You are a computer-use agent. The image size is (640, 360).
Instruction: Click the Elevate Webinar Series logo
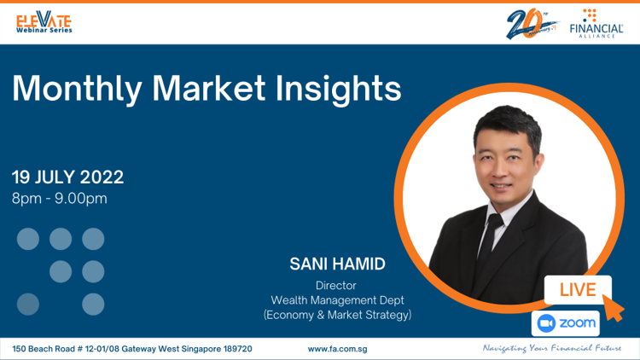pos(44,22)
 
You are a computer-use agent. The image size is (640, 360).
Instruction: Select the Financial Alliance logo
pos(596,24)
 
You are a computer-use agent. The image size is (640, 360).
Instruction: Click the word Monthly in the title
pos(77,90)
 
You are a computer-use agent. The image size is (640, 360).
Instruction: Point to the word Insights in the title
pos(339,90)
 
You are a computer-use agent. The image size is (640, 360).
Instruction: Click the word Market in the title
pos(208,88)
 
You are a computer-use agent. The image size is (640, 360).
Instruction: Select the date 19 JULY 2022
pos(67,177)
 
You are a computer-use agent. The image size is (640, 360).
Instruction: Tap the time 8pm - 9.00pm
pos(60,199)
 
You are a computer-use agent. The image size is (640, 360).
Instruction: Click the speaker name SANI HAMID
pos(338,264)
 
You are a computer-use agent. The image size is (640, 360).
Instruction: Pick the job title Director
pos(336,285)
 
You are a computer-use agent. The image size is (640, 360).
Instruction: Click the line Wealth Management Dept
pos(337,300)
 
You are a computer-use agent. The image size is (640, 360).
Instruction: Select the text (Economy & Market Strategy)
pos(337,315)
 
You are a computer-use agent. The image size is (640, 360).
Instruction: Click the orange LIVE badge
pos(578,290)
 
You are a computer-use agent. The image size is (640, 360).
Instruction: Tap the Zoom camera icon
pos(546,323)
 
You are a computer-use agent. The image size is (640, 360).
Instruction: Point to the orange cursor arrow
pos(613,308)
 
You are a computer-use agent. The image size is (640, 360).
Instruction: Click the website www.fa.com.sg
pos(337,350)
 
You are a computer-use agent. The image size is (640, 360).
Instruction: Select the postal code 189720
pos(237,349)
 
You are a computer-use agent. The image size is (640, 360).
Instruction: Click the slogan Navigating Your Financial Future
pos(552,348)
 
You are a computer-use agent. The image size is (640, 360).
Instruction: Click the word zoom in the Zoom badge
pos(577,323)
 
